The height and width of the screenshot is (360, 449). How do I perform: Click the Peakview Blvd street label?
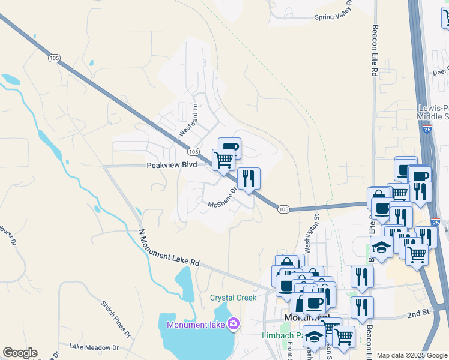(x=172, y=164)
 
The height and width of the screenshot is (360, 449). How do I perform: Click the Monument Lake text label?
(x=196, y=325)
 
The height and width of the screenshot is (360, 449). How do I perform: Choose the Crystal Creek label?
(x=233, y=298)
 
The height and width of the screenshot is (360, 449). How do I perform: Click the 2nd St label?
(x=418, y=314)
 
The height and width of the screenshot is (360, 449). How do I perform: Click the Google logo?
(x=20, y=353)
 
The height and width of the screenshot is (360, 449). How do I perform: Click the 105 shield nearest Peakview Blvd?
(x=193, y=152)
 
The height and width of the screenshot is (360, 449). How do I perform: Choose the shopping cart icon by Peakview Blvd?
(x=223, y=160)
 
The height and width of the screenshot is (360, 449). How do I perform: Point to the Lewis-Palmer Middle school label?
(x=433, y=112)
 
